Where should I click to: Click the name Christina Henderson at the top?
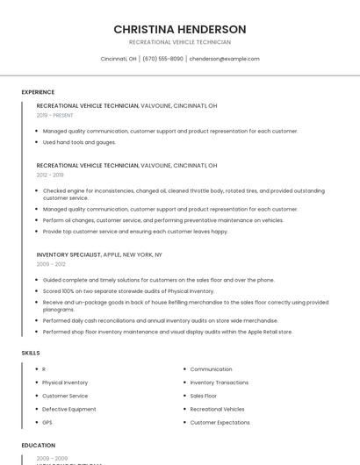click(180, 29)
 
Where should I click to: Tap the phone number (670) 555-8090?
click(162, 59)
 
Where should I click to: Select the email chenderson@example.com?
click(224, 59)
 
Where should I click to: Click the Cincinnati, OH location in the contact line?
click(119, 59)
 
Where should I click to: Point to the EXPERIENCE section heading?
click(38, 92)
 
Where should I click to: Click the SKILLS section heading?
click(31, 353)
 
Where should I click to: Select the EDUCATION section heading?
click(39, 446)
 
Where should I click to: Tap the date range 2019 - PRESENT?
click(55, 115)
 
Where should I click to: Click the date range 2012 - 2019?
click(50, 175)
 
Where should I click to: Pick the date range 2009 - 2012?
click(51, 264)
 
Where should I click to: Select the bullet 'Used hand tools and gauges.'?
click(79, 142)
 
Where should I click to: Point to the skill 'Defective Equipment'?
click(69, 409)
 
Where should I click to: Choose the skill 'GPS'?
click(47, 422)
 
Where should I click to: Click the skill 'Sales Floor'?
click(204, 396)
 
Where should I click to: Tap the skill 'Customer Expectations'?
click(220, 422)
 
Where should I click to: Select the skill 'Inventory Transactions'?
click(220, 383)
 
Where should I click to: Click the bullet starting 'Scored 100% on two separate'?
click(128, 290)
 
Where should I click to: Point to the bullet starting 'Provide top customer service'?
click(135, 232)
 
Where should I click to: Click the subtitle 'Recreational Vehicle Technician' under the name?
click(180, 42)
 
